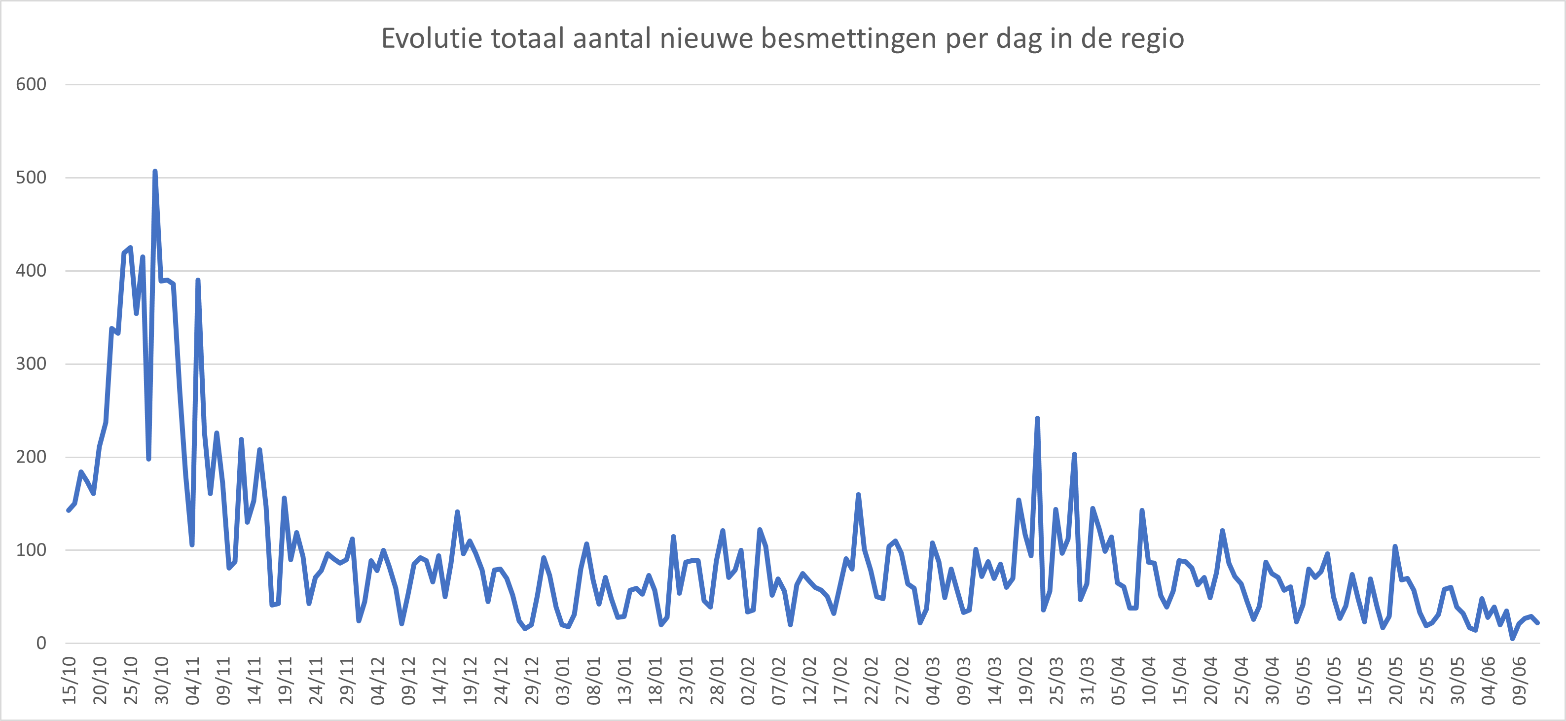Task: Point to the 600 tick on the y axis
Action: coord(31,84)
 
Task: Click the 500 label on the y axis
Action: coord(31,178)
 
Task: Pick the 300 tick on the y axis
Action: coord(31,363)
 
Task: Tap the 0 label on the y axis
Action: coord(41,643)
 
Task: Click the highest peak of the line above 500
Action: coord(155,172)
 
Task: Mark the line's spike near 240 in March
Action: coord(1037,419)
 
